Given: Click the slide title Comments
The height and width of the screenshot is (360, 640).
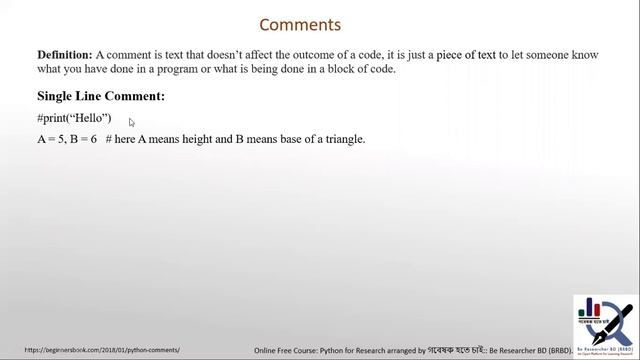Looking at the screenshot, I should click(x=300, y=25).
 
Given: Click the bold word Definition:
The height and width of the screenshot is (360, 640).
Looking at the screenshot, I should click(x=65, y=55).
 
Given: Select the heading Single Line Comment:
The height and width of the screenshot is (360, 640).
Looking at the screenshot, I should click(x=101, y=96).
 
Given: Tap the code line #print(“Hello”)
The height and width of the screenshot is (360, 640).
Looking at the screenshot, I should click(x=74, y=118).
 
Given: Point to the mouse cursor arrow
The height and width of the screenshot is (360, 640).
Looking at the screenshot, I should click(x=131, y=122).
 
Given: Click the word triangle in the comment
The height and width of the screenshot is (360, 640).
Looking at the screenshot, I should click(x=342, y=139).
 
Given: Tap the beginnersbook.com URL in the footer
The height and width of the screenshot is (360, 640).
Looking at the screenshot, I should click(x=95, y=350).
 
